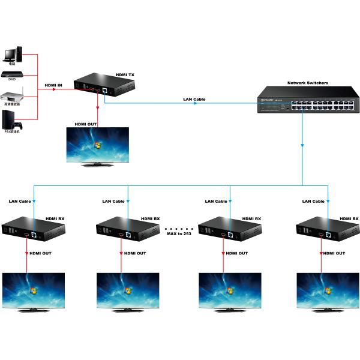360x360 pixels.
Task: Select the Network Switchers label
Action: tap(307, 83)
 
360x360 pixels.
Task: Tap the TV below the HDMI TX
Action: tap(97, 145)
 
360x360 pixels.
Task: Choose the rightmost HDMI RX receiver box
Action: tap(325, 231)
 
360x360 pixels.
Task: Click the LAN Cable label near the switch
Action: tap(194, 98)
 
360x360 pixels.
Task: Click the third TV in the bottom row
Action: tap(229, 291)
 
